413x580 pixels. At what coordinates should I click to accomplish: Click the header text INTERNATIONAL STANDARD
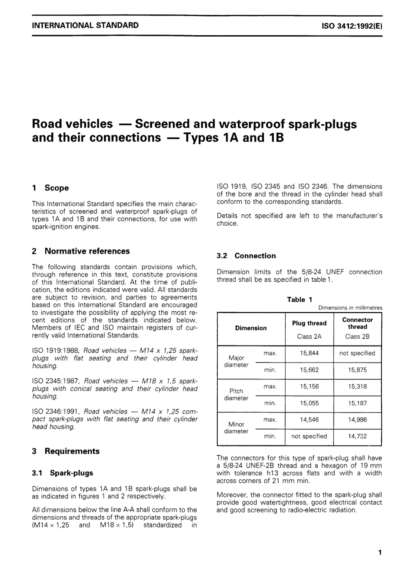click(x=85, y=25)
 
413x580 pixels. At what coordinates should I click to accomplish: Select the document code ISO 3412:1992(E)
click(x=352, y=26)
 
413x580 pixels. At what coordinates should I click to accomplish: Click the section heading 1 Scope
click(x=50, y=188)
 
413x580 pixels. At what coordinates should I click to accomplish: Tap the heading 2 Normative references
click(x=81, y=251)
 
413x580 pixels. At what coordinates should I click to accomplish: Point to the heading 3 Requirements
click(x=66, y=451)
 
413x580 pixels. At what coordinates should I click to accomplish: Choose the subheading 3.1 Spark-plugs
click(x=63, y=473)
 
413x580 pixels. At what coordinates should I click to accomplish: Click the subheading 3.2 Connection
click(x=246, y=256)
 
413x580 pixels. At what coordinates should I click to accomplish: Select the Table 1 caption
click(x=300, y=300)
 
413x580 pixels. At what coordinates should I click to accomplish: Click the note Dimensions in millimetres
click(x=350, y=308)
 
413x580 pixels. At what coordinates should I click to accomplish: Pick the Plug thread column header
click(x=309, y=323)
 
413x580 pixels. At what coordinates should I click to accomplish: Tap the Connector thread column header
click(x=357, y=323)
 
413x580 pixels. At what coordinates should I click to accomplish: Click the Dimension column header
click(x=251, y=328)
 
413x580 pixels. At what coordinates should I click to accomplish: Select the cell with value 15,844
click(x=309, y=353)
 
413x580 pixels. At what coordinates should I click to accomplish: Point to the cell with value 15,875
click(x=357, y=370)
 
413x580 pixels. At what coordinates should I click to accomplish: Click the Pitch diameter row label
click(x=236, y=395)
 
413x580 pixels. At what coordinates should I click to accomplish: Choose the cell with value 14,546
click(x=309, y=420)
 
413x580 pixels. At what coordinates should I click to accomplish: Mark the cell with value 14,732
click(x=357, y=436)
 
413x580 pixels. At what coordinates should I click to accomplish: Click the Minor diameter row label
click(x=236, y=428)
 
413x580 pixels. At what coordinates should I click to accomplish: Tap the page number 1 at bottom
click(x=380, y=553)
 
